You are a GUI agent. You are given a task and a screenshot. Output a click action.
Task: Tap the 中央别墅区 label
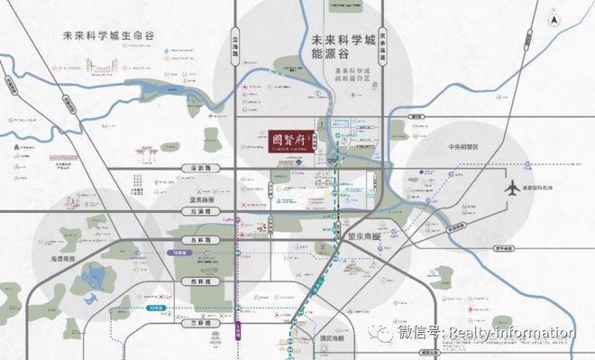click(467, 145)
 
